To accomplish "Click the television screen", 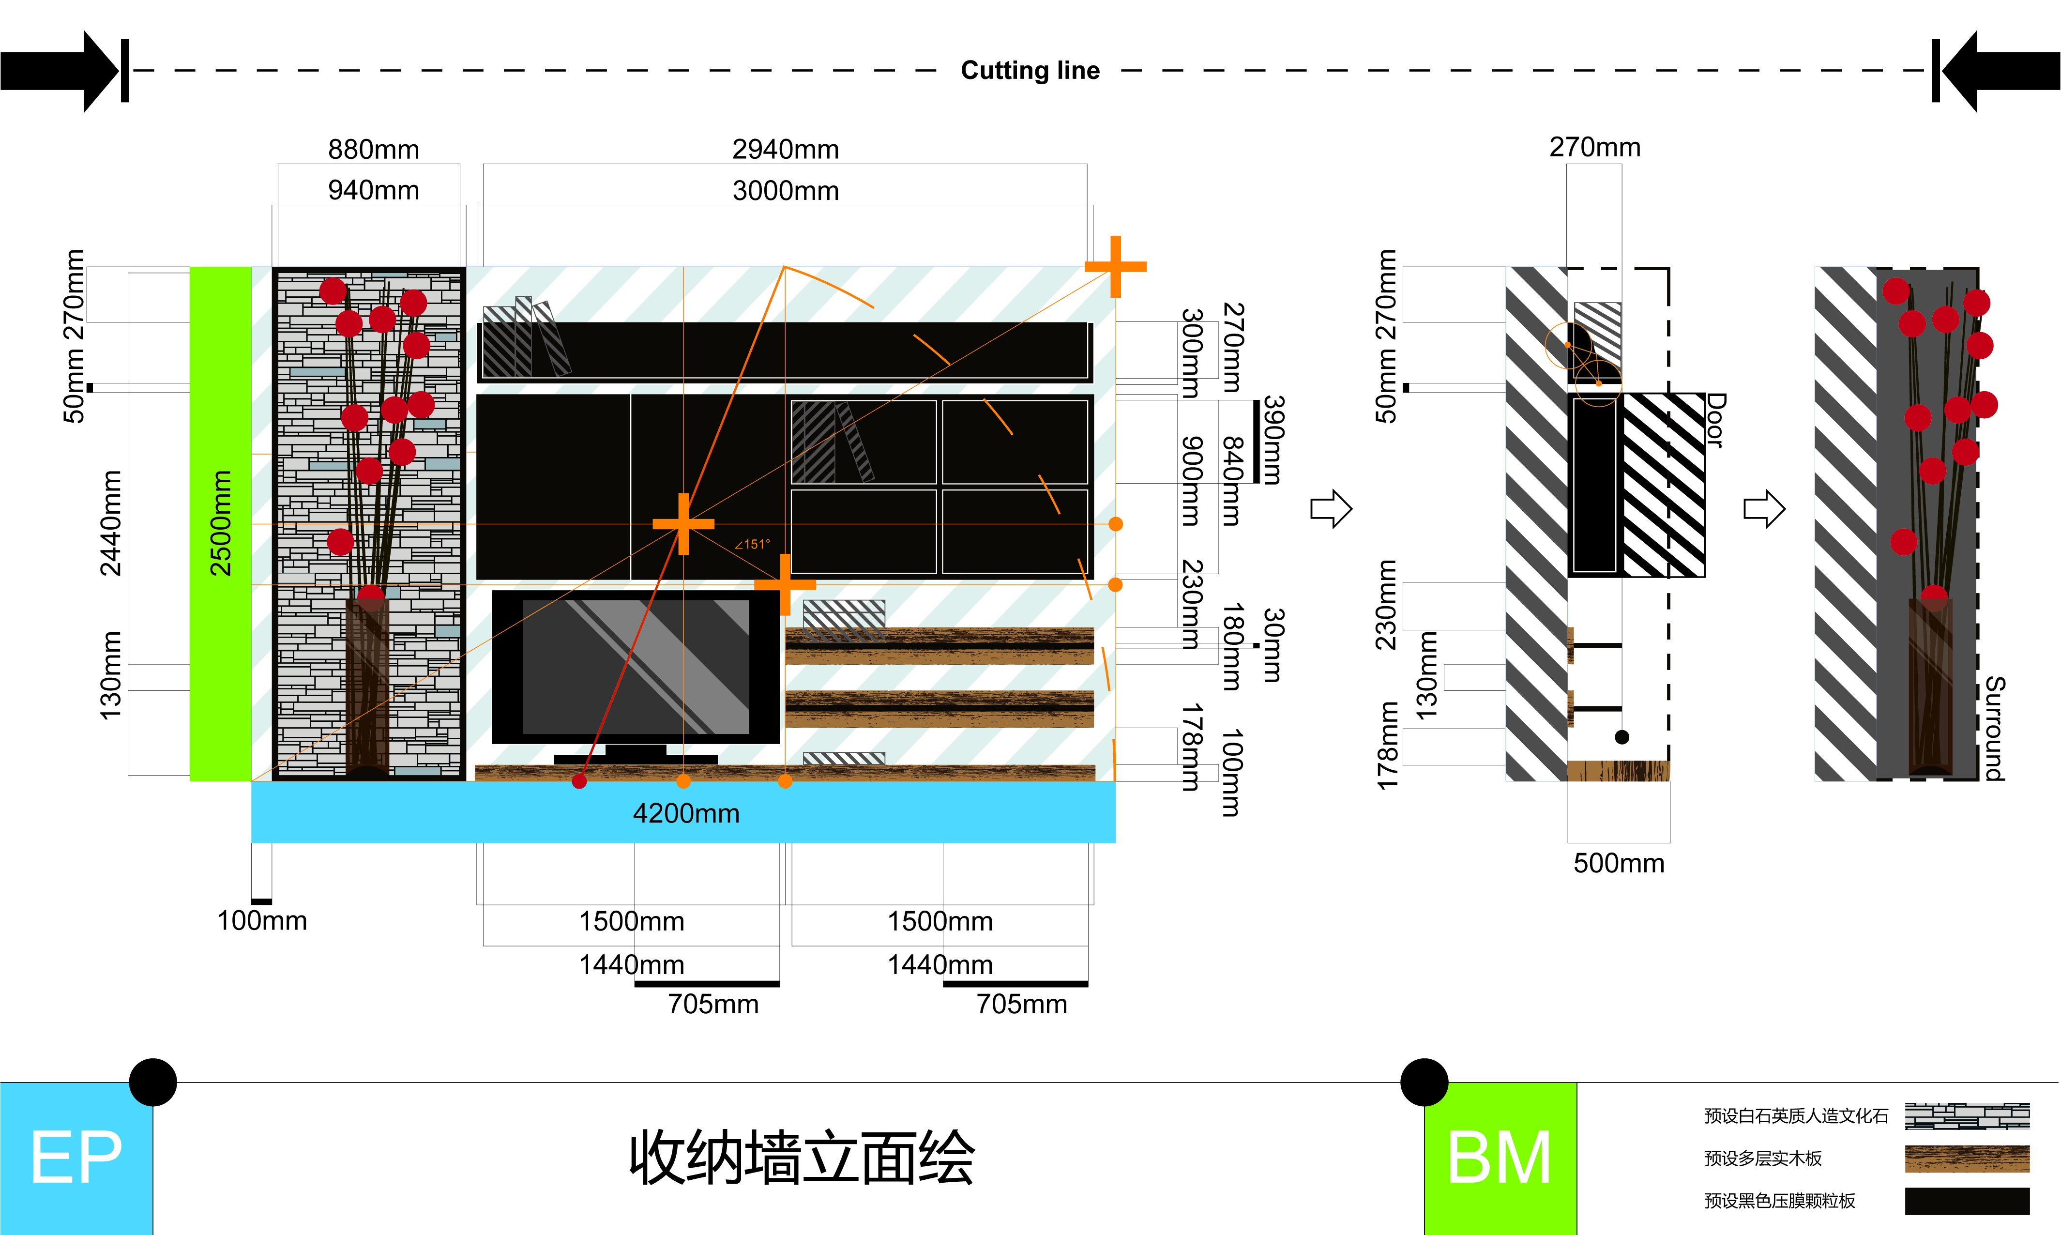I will click(635, 666).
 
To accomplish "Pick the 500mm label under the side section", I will click(1618, 863).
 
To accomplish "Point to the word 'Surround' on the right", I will click(1994, 728).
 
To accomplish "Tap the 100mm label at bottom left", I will click(261, 920).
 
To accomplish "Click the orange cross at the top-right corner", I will click(1115, 266).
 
